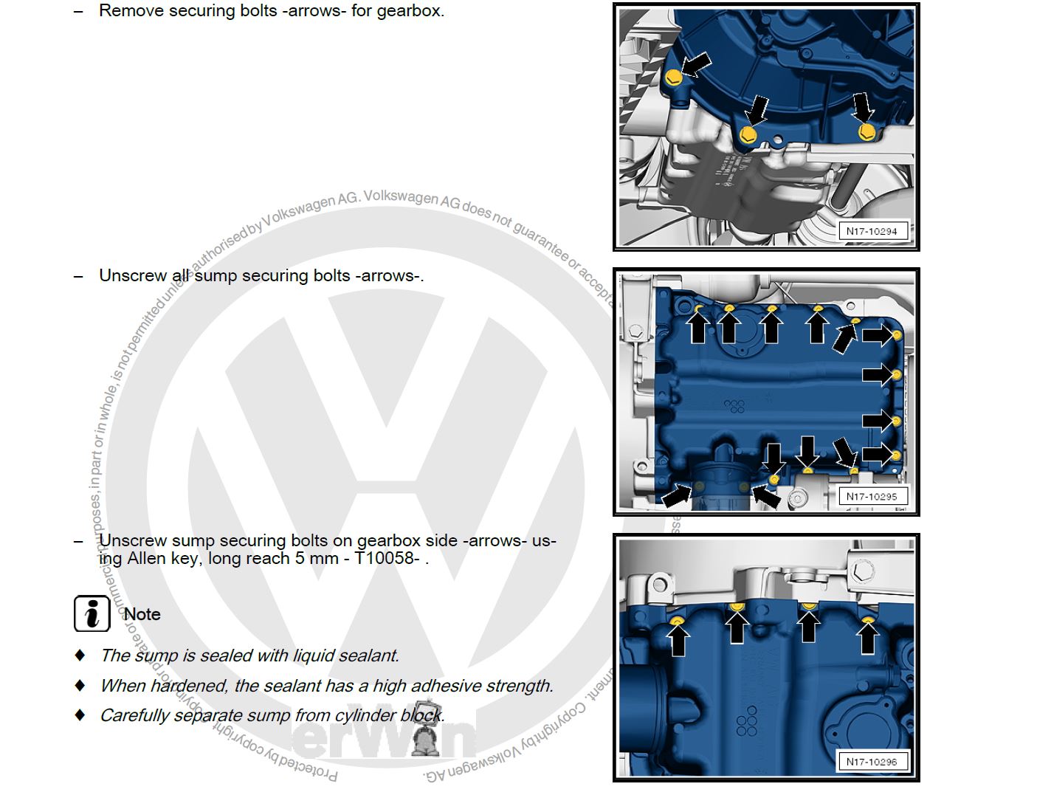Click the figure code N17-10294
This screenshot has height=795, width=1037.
(x=871, y=231)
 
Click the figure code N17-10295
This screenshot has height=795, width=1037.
(x=871, y=497)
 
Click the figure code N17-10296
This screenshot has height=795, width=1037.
(x=871, y=762)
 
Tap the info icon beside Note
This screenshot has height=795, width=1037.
(x=92, y=613)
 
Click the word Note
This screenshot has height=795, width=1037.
(x=142, y=614)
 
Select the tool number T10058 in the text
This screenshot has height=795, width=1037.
(x=387, y=558)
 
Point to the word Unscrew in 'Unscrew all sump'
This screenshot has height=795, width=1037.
(x=133, y=275)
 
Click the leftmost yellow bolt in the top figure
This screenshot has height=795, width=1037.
(x=673, y=78)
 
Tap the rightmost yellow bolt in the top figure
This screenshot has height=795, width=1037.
(x=867, y=132)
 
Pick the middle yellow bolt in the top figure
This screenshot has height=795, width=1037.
(x=748, y=135)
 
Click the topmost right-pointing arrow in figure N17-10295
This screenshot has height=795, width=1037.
(x=878, y=335)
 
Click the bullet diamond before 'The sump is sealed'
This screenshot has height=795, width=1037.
(x=80, y=655)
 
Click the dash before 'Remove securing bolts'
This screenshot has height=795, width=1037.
(x=79, y=12)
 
